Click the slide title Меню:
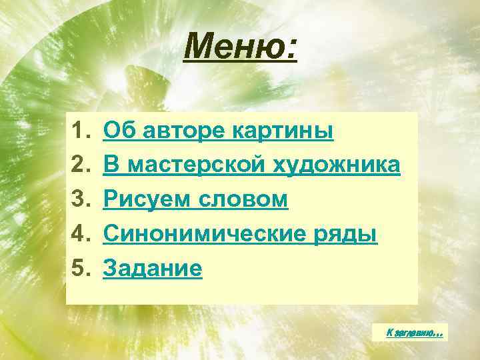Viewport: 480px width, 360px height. tap(241, 47)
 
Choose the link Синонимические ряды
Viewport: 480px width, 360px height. tap(240, 235)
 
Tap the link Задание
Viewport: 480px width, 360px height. tap(153, 269)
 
